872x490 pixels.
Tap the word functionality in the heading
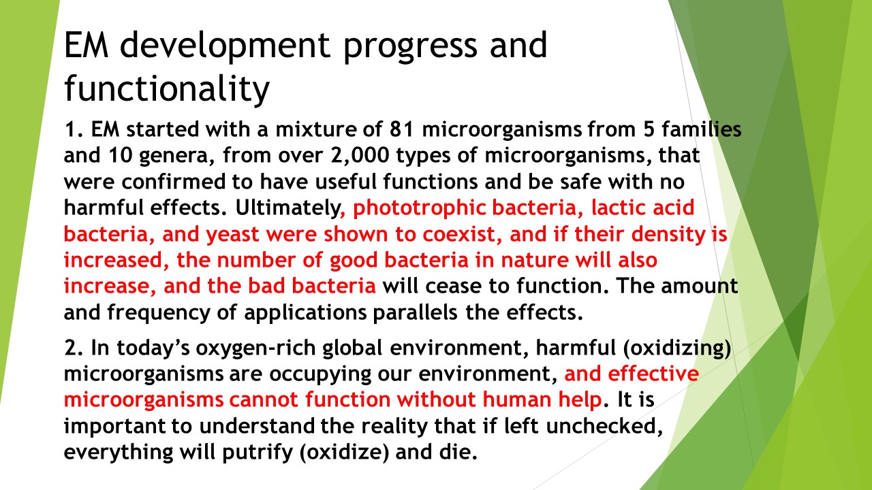(x=167, y=89)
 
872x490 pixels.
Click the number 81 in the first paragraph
(x=401, y=129)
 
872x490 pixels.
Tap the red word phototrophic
(x=420, y=208)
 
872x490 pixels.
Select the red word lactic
(x=618, y=208)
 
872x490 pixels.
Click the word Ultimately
(x=287, y=208)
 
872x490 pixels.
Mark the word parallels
(x=416, y=312)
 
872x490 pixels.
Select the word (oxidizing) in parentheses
(x=677, y=348)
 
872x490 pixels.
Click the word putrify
(x=258, y=453)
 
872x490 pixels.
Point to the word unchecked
(x=604, y=426)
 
